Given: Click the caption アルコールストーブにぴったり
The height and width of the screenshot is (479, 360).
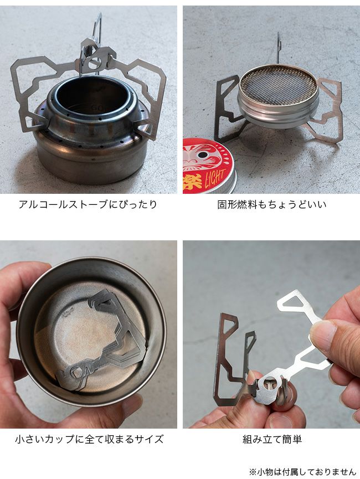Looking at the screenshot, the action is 88,204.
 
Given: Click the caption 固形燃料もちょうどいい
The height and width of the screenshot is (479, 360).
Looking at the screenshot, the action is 272,204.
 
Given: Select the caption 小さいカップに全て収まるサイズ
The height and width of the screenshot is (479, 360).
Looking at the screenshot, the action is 89,439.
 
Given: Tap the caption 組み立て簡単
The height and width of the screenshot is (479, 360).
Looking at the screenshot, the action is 272,439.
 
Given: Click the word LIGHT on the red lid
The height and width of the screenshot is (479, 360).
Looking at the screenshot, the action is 215,178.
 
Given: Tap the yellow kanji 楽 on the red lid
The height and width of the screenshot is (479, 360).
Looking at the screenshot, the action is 193,182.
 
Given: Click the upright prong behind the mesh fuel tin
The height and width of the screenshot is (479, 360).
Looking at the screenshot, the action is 279,48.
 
